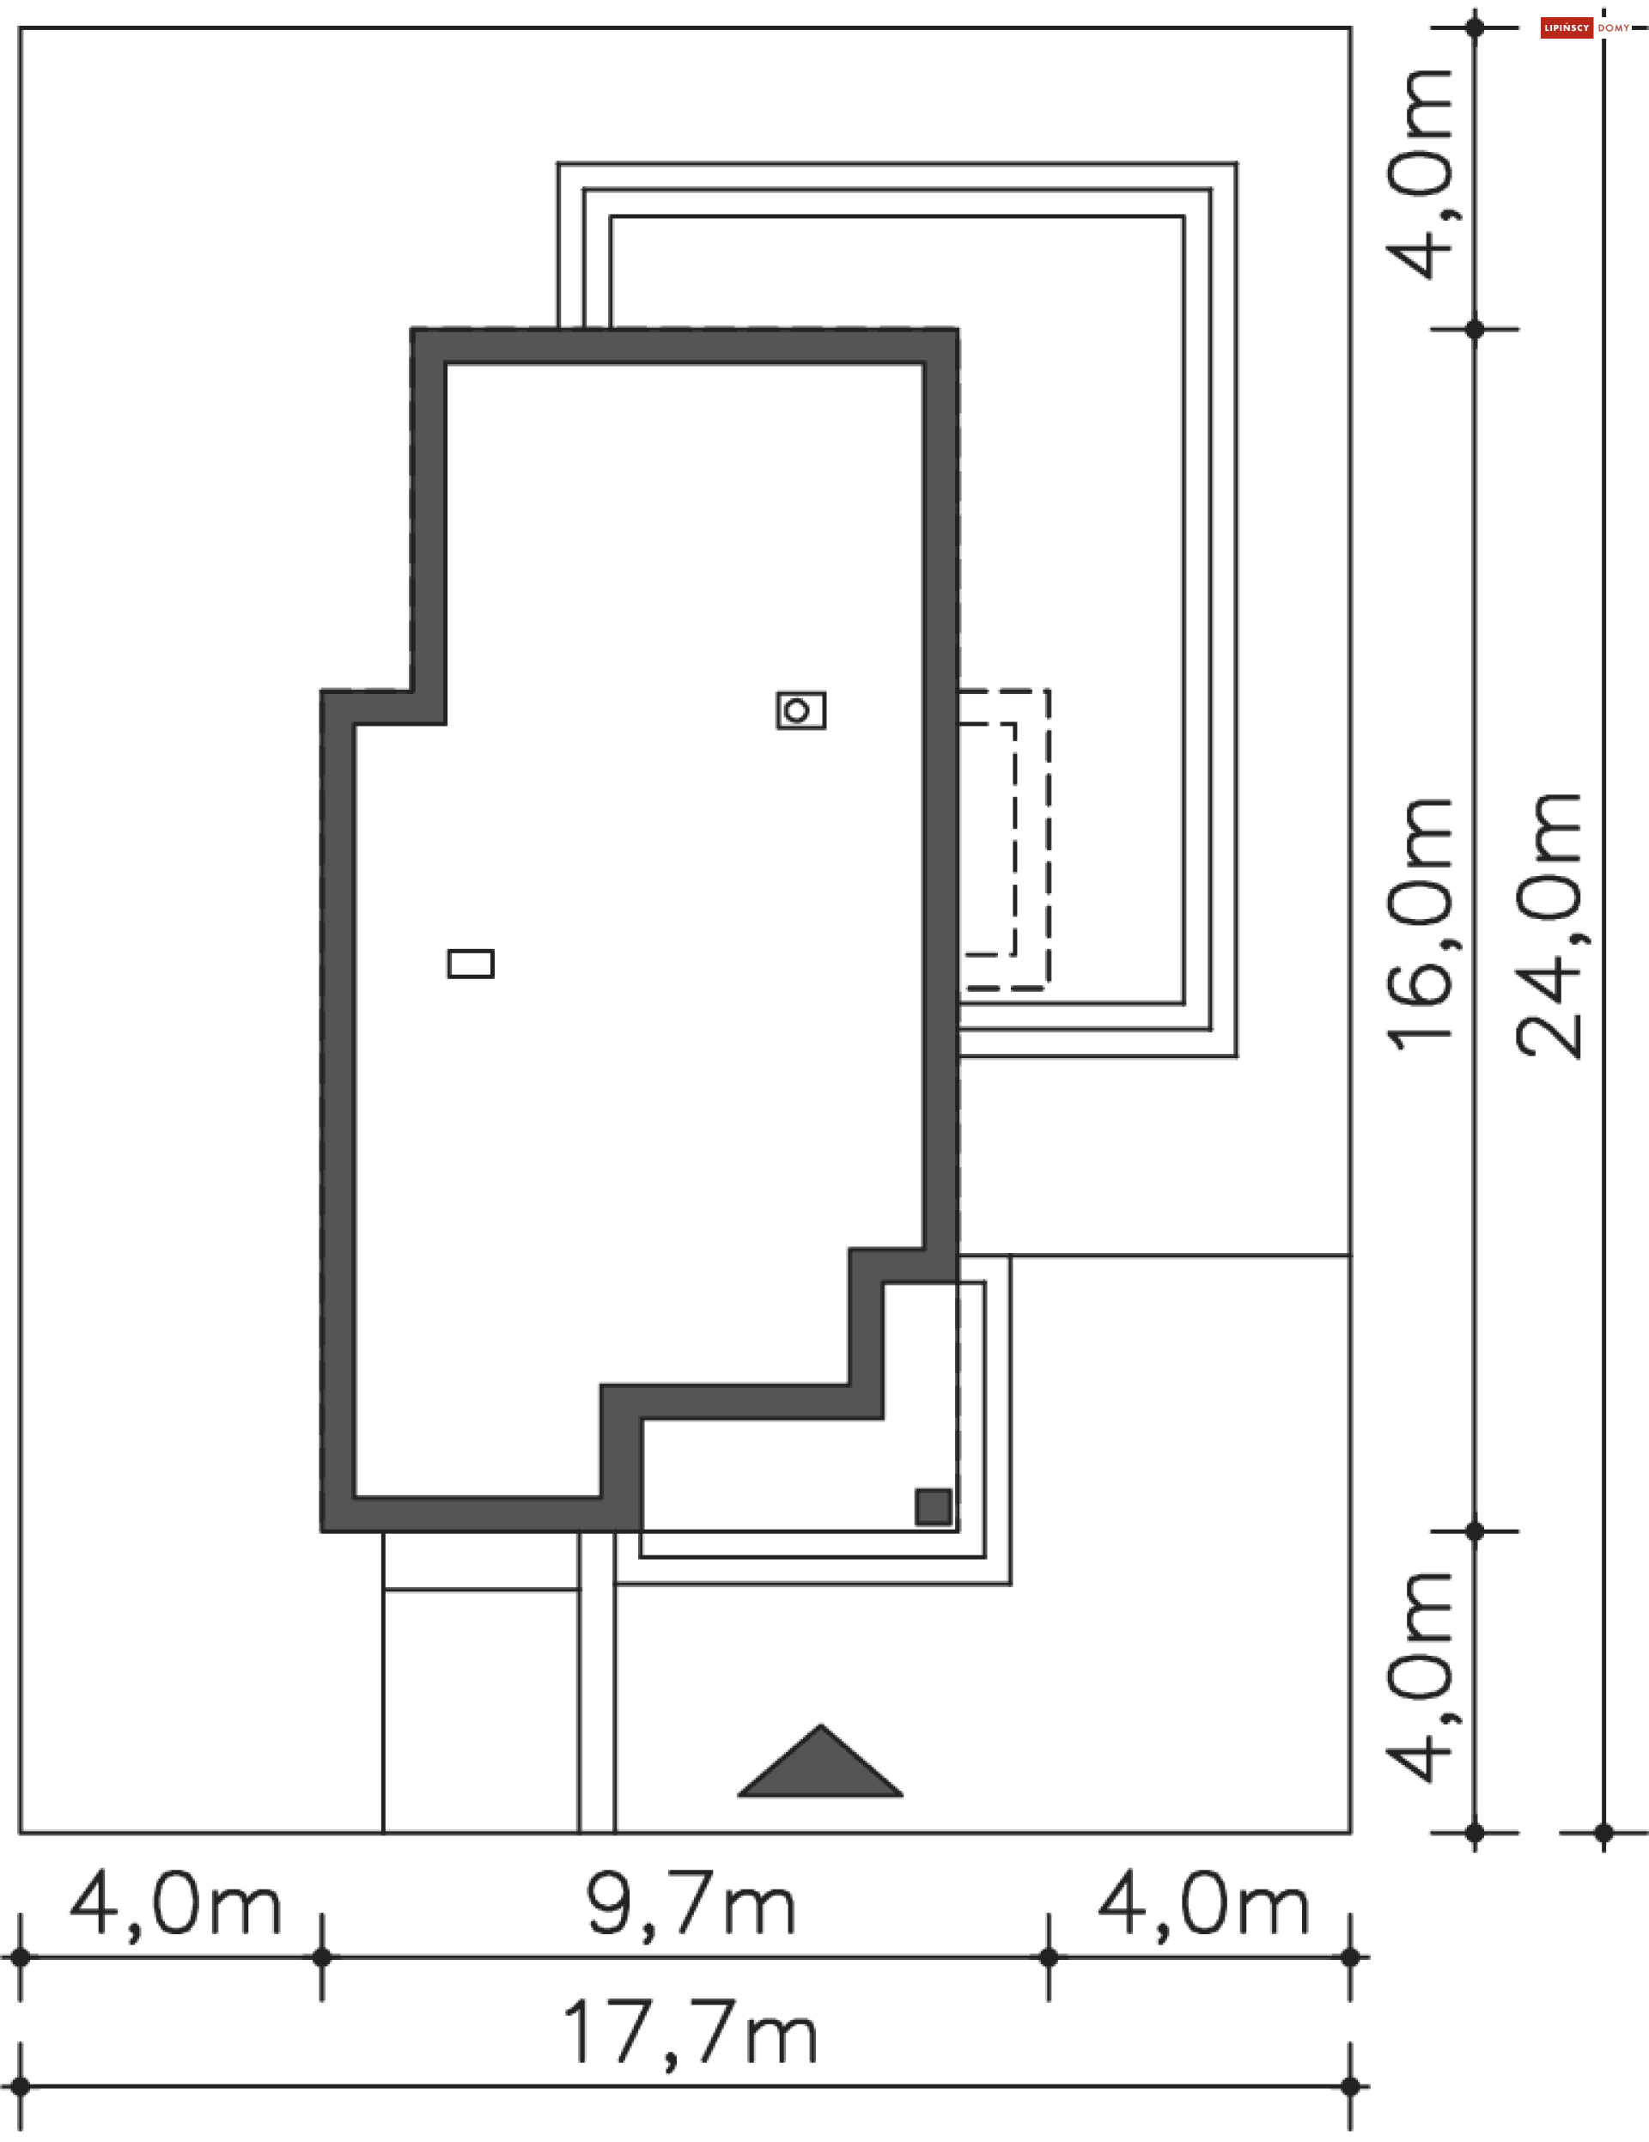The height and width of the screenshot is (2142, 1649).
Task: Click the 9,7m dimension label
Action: click(691, 1905)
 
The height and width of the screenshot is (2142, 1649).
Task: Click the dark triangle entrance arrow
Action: click(820, 1765)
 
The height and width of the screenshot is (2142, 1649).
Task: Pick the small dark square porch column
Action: click(933, 1506)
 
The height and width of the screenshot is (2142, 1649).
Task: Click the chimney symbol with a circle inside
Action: click(800, 710)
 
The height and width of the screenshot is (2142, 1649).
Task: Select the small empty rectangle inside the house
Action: click(471, 963)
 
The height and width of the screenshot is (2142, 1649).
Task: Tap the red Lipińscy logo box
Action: click(1566, 27)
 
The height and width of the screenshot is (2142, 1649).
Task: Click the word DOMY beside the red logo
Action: click(1613, 27)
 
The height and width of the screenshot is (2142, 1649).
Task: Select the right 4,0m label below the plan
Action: click(1203, 1905)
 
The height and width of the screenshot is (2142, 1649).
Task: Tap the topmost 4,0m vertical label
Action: click(1420, 174)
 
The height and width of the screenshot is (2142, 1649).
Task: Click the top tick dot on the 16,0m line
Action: click(1475, 330)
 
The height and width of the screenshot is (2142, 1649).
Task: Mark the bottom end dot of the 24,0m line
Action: click(1603, 1832)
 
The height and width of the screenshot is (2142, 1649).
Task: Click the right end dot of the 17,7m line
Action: click(1350, 2086)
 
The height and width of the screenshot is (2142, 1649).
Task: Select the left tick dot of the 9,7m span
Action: click(322, 1957)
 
